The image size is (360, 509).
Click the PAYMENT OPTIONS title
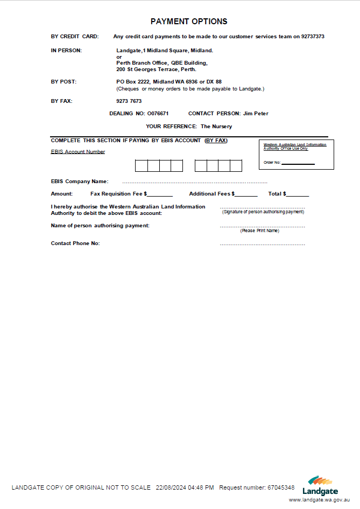point(189,22)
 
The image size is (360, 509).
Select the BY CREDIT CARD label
point(75,37)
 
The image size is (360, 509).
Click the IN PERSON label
point(66,51)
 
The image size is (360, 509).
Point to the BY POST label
point(63,82)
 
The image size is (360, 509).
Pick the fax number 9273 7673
point(129,101)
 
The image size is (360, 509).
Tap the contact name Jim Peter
point(256,114)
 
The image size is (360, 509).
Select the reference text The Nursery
point(216,127)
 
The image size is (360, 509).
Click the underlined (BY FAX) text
point(216,141)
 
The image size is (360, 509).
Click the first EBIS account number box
point(141,166)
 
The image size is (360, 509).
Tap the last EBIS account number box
point(236,166)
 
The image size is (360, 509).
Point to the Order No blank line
point(298,163)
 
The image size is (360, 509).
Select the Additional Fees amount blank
point(246,194)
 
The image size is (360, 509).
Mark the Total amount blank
point(298,194)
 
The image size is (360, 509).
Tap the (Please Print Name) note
point(260,231)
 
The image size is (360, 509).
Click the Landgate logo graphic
point(320,482)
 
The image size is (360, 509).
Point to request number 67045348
point(281,487)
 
